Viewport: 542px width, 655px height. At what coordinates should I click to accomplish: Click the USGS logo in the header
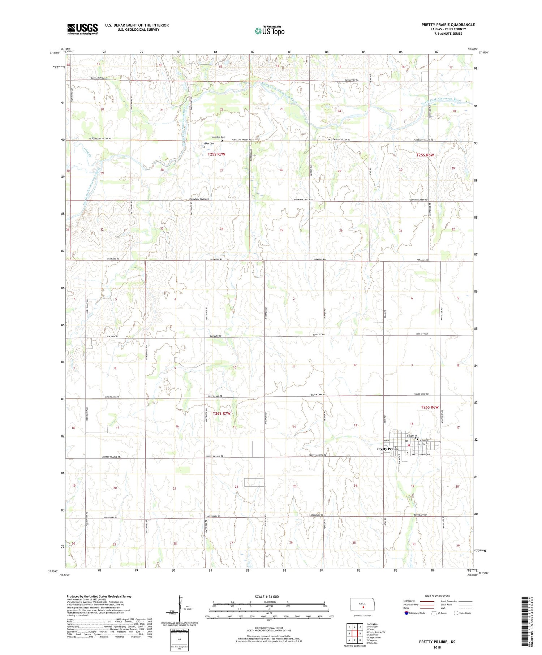click(x=82, y=29)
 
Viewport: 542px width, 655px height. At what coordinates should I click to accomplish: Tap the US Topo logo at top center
click(x=270, y=31)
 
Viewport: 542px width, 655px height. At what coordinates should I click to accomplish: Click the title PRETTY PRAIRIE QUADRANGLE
click(x=448, y=25)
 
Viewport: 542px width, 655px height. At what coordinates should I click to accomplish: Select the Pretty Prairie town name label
click(x=388, y=449)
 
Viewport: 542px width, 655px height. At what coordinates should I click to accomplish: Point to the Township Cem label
click(x=218, y=137)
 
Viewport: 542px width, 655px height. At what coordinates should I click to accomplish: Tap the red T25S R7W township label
click(x=216, y=154)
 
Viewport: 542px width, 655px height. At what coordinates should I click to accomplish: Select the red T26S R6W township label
click(x=430, y=407)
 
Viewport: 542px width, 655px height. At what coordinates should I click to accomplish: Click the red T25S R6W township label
click(x=425, y=155)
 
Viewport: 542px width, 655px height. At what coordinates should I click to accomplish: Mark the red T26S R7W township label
click(x=221, y=413)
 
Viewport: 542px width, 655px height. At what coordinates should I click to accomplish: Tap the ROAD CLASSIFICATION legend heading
click(x=437, y=596)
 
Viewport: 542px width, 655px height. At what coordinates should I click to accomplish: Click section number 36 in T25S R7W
click(x=340, y=230)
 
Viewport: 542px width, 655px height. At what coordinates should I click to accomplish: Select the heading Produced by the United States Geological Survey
click(x=99, y=596)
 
